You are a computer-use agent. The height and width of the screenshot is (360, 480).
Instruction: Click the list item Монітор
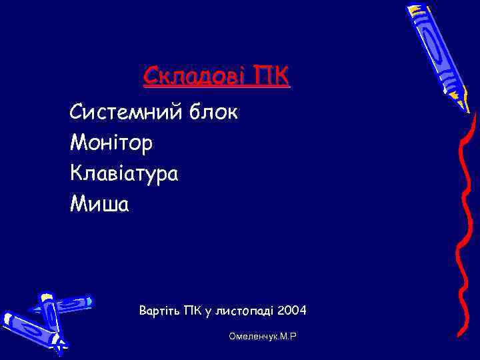pos(111,142)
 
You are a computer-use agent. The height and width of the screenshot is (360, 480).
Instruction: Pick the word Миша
pos(99,204)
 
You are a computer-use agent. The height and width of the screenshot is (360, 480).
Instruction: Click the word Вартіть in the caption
pos(159,311)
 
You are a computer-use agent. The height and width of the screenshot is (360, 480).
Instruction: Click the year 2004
pos(293,311)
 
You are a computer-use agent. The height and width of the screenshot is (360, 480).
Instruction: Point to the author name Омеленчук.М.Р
pos(262,337)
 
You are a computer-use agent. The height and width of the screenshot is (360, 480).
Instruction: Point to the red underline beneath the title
pos(217,87)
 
